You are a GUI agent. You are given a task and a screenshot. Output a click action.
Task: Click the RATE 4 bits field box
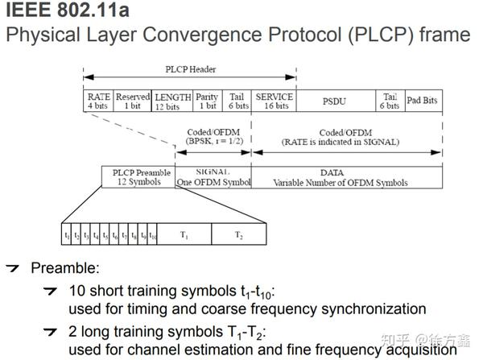pyautogui.click(x=98, y=101)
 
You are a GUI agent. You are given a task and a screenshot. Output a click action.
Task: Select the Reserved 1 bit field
pyautogui.click(x=133, y=101)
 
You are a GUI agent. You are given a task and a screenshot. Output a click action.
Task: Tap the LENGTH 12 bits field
pyautogui.click(x=173, y=101)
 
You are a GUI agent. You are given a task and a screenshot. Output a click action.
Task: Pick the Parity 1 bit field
pyautogui.click(x=208, y=101)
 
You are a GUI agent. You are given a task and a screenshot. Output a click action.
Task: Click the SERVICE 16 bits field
pyautogui.click(x=275, y=101)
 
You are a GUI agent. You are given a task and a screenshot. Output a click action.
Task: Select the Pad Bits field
pyautogui.click(x=422, y=101)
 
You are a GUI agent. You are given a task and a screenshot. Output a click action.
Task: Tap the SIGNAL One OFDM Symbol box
pyautogui.click(x=213, y=177)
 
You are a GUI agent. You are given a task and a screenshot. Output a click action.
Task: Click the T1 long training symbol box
pyautogui.click(x=184, y=235)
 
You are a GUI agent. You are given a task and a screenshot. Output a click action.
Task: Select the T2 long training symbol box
pyautogui.click(x=238, y=235)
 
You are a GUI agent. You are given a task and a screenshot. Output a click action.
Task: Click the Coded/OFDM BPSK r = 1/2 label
pyautogui.click(x=213, y=137)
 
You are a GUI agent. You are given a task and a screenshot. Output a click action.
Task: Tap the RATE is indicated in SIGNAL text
pyautogui.click(x=347, y=142)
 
